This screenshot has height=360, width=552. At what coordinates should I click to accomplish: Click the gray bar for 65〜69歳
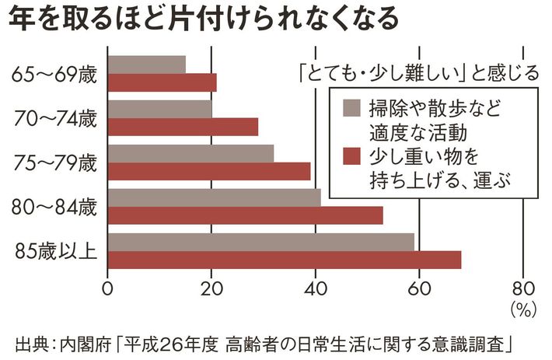point(147,65)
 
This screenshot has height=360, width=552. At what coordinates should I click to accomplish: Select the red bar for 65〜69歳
point(162,82)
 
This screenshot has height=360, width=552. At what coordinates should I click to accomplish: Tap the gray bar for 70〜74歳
point(159,109)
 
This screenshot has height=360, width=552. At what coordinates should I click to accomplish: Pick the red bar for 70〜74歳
point(183,127)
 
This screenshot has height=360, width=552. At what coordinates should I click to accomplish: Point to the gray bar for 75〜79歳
point(190,153)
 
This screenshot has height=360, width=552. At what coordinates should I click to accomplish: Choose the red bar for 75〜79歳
point(208,171)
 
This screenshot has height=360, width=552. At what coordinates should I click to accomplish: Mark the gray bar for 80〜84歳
point(214,197)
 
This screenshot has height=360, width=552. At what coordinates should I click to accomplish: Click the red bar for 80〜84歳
point(245,215)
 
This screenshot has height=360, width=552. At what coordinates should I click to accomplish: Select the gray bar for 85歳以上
point(260,242)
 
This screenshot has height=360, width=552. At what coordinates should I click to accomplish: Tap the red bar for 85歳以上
point(284,260)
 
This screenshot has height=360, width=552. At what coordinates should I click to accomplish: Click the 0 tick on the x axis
point(108,288)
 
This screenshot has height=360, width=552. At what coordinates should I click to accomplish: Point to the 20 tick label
point(211,288)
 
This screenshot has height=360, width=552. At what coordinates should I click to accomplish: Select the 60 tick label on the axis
point(419,288)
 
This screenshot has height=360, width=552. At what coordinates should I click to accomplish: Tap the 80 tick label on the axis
point(522,288)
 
